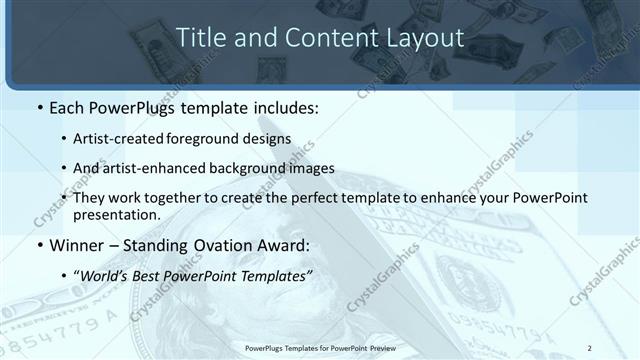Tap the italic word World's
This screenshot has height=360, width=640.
point(105,275)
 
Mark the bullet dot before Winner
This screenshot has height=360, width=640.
point(40,246)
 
